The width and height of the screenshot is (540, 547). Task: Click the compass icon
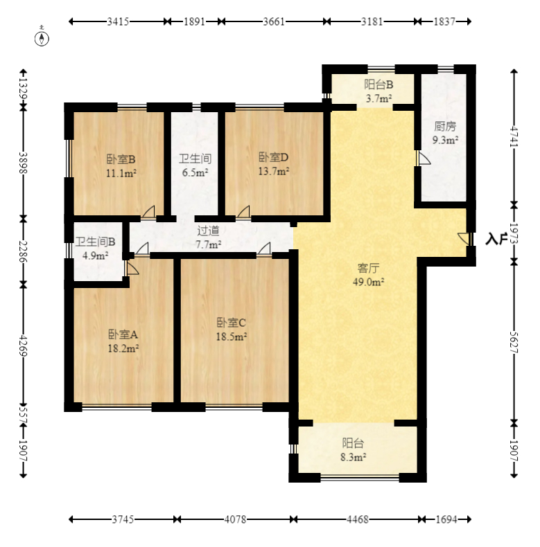(42, 38)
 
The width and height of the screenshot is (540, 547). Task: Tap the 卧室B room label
(121, 159)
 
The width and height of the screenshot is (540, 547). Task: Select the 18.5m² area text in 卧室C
(232, 337)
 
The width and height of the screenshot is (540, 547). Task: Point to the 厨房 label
(445, 126)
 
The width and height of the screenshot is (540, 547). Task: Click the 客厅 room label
(368, 268)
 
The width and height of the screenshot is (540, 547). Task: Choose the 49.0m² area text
(369, 282)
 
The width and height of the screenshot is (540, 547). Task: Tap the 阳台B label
(378, 84)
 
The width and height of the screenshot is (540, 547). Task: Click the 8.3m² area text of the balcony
(353, 457)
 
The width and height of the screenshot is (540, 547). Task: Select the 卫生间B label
(96, 242)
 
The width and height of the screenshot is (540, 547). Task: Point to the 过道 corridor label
(208, 231)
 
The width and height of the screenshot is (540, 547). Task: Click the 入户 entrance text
(497, 240)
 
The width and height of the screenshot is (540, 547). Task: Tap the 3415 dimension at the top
(118, 21)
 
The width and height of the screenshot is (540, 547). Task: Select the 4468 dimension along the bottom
(357, 519)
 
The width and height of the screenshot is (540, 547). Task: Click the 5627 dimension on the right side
(514, 342)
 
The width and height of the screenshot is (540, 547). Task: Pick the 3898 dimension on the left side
(23, 163)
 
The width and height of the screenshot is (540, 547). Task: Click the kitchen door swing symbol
(424, 159)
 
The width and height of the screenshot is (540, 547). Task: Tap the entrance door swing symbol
(464, 239)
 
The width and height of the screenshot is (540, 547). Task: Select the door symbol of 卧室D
(243, 212)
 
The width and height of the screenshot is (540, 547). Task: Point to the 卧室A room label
(123, 334)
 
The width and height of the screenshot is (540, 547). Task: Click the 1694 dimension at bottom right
(446, 519)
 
